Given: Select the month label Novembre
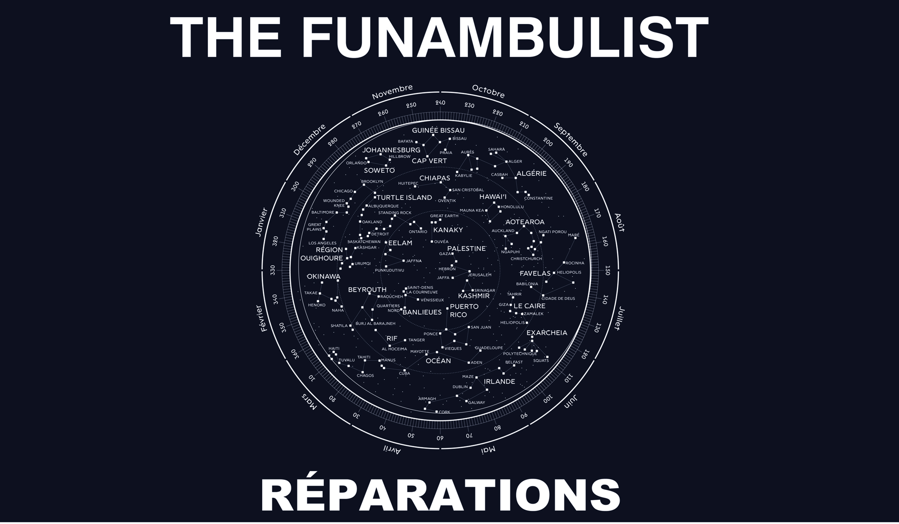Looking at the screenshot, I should coord(392,92).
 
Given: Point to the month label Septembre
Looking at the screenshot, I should coord(571,140).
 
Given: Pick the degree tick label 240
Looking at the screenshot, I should coord(440,103).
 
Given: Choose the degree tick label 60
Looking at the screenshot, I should coord(440,438).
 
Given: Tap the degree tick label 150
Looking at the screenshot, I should coord(608,270).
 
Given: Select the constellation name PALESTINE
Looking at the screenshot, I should coord(467,249).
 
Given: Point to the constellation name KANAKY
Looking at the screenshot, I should coord(448,230).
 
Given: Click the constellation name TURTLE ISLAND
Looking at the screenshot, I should coord(404,197).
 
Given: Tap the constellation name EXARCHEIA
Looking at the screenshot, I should coord(547,333).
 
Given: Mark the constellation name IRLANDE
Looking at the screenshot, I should coord(499,381).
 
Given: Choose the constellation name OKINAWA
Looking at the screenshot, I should coord(323,277).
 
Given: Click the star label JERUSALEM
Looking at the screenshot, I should coord(480,275).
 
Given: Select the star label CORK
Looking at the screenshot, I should coord(444,412).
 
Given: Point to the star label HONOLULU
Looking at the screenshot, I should coord(512,207).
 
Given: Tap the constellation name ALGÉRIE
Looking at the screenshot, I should coord(531,173).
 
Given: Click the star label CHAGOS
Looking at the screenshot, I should coord(365,375).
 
